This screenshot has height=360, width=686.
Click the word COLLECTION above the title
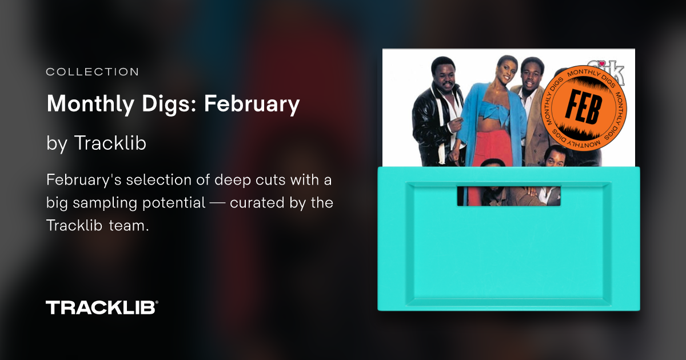point(92,72)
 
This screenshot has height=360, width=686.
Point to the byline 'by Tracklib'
point(96,144)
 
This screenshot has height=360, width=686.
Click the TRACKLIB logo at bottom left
point(102,307)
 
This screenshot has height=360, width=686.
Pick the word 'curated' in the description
point(260,203)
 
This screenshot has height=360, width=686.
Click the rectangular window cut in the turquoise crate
point(508,194)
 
